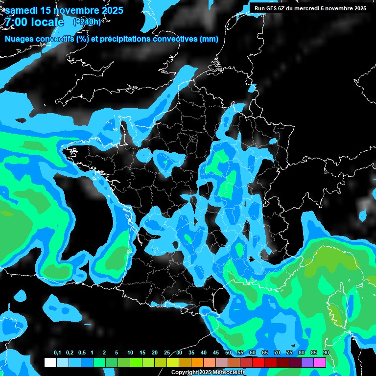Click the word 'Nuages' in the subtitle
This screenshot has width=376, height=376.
(x=19, y=39)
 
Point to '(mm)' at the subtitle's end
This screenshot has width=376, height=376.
(x=209, y=39)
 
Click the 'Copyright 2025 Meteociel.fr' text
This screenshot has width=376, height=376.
(x=215, y=373)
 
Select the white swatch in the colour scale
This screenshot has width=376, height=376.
(x=50, y=362)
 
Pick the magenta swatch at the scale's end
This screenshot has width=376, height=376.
(x=320, y=362)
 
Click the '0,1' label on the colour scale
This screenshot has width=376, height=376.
(x=57, y=353)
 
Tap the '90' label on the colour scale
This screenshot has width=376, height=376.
(x=326, y=353)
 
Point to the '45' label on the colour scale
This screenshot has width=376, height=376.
(x=216, y=353)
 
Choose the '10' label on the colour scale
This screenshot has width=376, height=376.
(x=130, y=353)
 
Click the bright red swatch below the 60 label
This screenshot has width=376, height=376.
(x=258, y=362)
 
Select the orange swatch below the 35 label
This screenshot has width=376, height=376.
(x=197, y=362)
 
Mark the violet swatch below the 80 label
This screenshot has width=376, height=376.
(x=307, y=362)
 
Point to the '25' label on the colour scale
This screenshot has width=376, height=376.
(x=167, y=353)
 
